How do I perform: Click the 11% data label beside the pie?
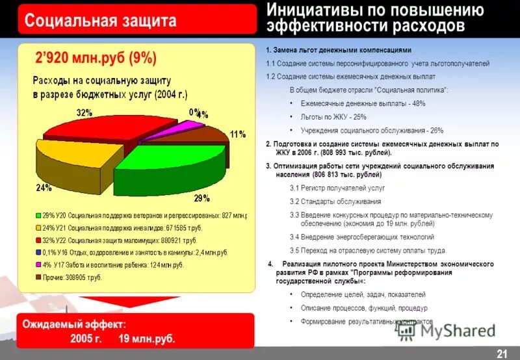pyautogui.click(x=237, y=135)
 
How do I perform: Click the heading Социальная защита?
pyautogui.click(x=100, y=21)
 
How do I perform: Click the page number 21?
pyautogui.click(x=502, y=353)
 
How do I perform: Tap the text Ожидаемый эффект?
pyautogui.click(x=75, y=324)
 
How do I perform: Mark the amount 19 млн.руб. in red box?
pyautogui.click(x=147, y=339)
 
